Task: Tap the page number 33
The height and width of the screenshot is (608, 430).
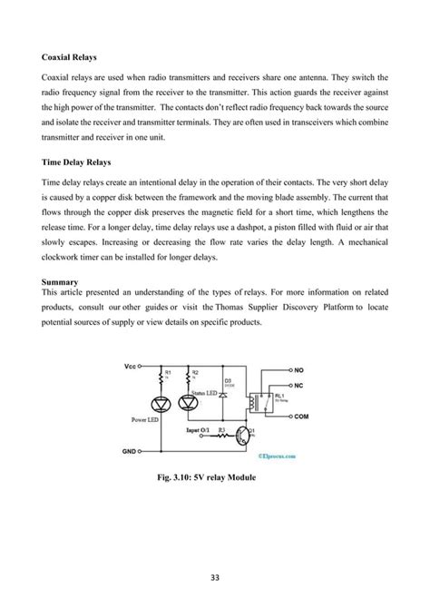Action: point(215,573)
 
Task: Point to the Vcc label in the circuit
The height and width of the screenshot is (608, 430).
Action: point(131,367)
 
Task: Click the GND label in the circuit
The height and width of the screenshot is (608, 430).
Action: point(130,450)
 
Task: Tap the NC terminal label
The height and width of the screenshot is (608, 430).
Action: point(298,386)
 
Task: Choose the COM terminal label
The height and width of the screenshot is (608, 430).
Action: point(302,415)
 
